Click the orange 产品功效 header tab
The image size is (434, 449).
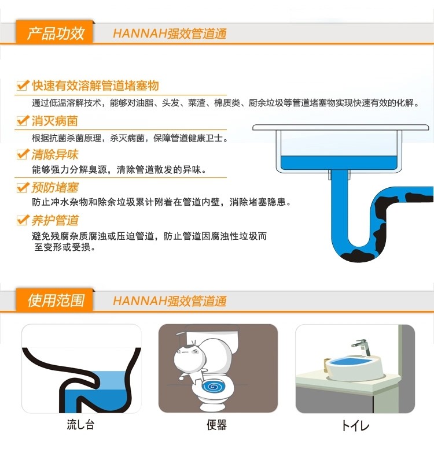(x=56, y=34)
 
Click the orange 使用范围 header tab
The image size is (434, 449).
(x=56, y=300)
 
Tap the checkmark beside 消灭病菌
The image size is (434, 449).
(x=23, y=121)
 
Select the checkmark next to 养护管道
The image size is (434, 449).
(x=23, y=220)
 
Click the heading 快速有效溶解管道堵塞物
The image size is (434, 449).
(x=95, y=86)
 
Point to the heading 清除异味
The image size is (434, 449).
(x=55, y=154)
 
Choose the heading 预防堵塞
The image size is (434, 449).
(x=55, y=187)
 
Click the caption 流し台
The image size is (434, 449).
(x=80, y=425)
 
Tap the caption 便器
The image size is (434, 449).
(x=216, y=425)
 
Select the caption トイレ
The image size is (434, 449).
(x=355, y=426)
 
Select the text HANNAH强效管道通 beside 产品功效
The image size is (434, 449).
(x=170, y=34)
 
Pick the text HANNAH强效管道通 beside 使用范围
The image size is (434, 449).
(x=170, y=301)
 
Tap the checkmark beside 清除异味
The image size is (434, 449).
(x=23, y=154)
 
